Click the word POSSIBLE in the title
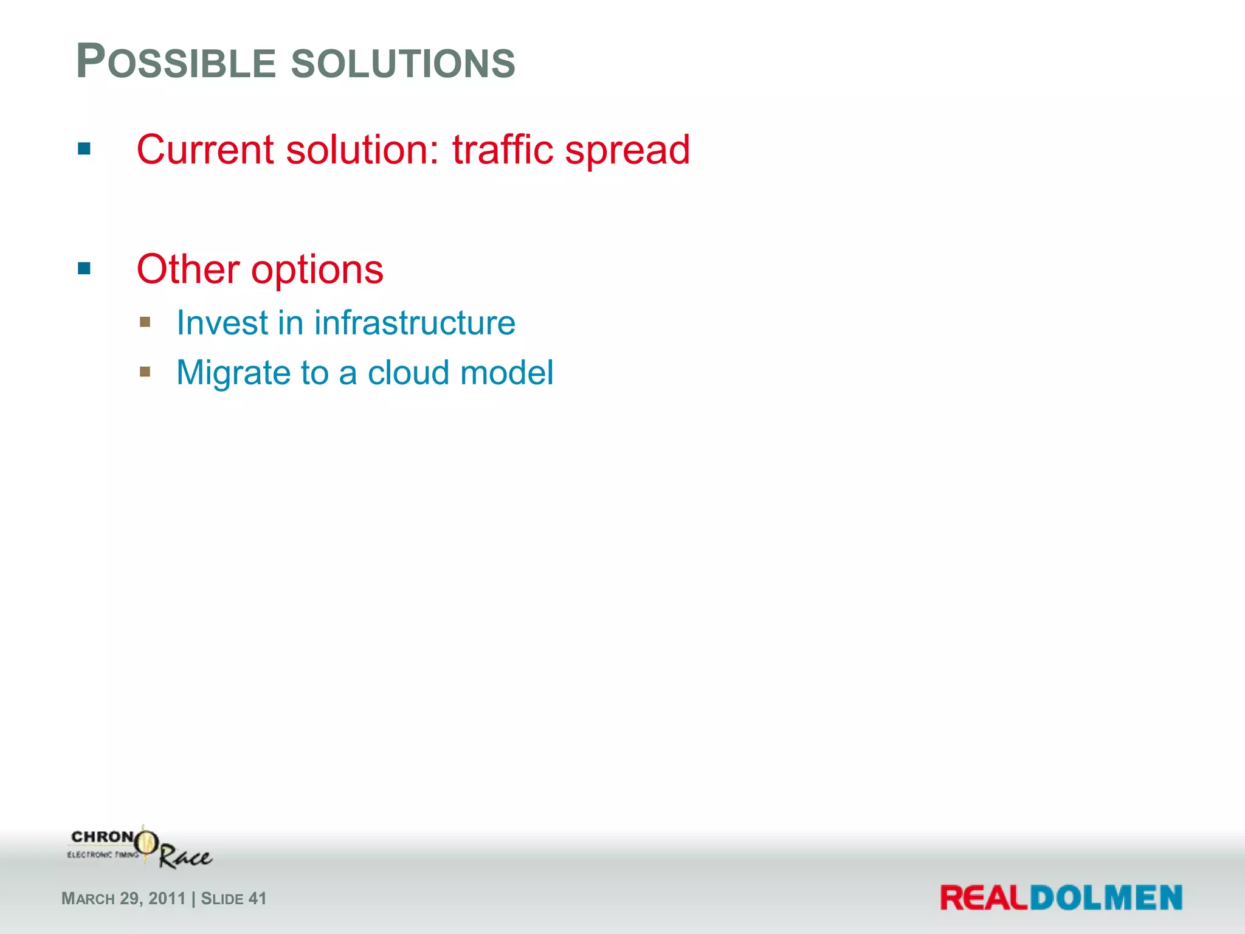(176, 63)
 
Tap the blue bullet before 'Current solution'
(84, 148)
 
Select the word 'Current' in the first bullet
(205, 150)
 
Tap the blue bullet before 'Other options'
(84, 268)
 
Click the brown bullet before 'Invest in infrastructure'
(145, 322)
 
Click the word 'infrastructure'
(415, 322)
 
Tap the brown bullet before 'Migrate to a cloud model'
(145, 372)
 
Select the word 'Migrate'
(233, 373)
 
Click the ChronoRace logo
(140, 848)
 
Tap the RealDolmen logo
(1061, 898)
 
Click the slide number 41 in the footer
(258, 899)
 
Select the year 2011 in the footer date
(167, 899)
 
